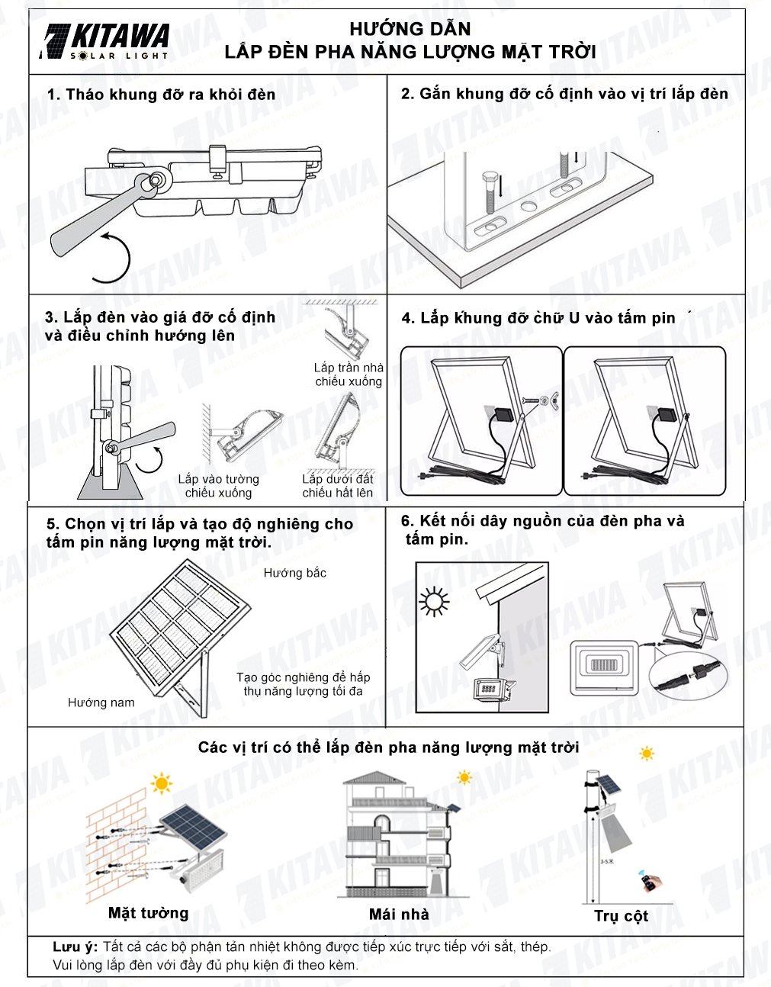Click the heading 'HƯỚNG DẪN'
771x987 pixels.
coord(410,30)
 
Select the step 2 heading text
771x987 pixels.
coord(564,94)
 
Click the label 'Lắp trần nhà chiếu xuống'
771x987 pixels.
coord(349,375)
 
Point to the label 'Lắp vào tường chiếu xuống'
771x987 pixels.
coord(218,486)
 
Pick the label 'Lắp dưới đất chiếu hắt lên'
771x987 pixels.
coord(337,486)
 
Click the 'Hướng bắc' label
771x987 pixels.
coord(294,573)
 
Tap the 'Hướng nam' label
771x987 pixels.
coord(101,702)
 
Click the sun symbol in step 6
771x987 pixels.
coord(434,601)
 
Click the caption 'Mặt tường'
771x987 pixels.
coord(148,913)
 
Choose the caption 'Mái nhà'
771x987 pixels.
coord(398,915)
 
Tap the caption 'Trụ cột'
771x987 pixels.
coord(621,916)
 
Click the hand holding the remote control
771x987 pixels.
coord(650,883)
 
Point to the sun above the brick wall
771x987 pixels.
coord(161,783)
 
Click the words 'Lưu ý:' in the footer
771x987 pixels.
coord(75,947)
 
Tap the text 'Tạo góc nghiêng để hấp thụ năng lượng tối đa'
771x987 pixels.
coord(303,684)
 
